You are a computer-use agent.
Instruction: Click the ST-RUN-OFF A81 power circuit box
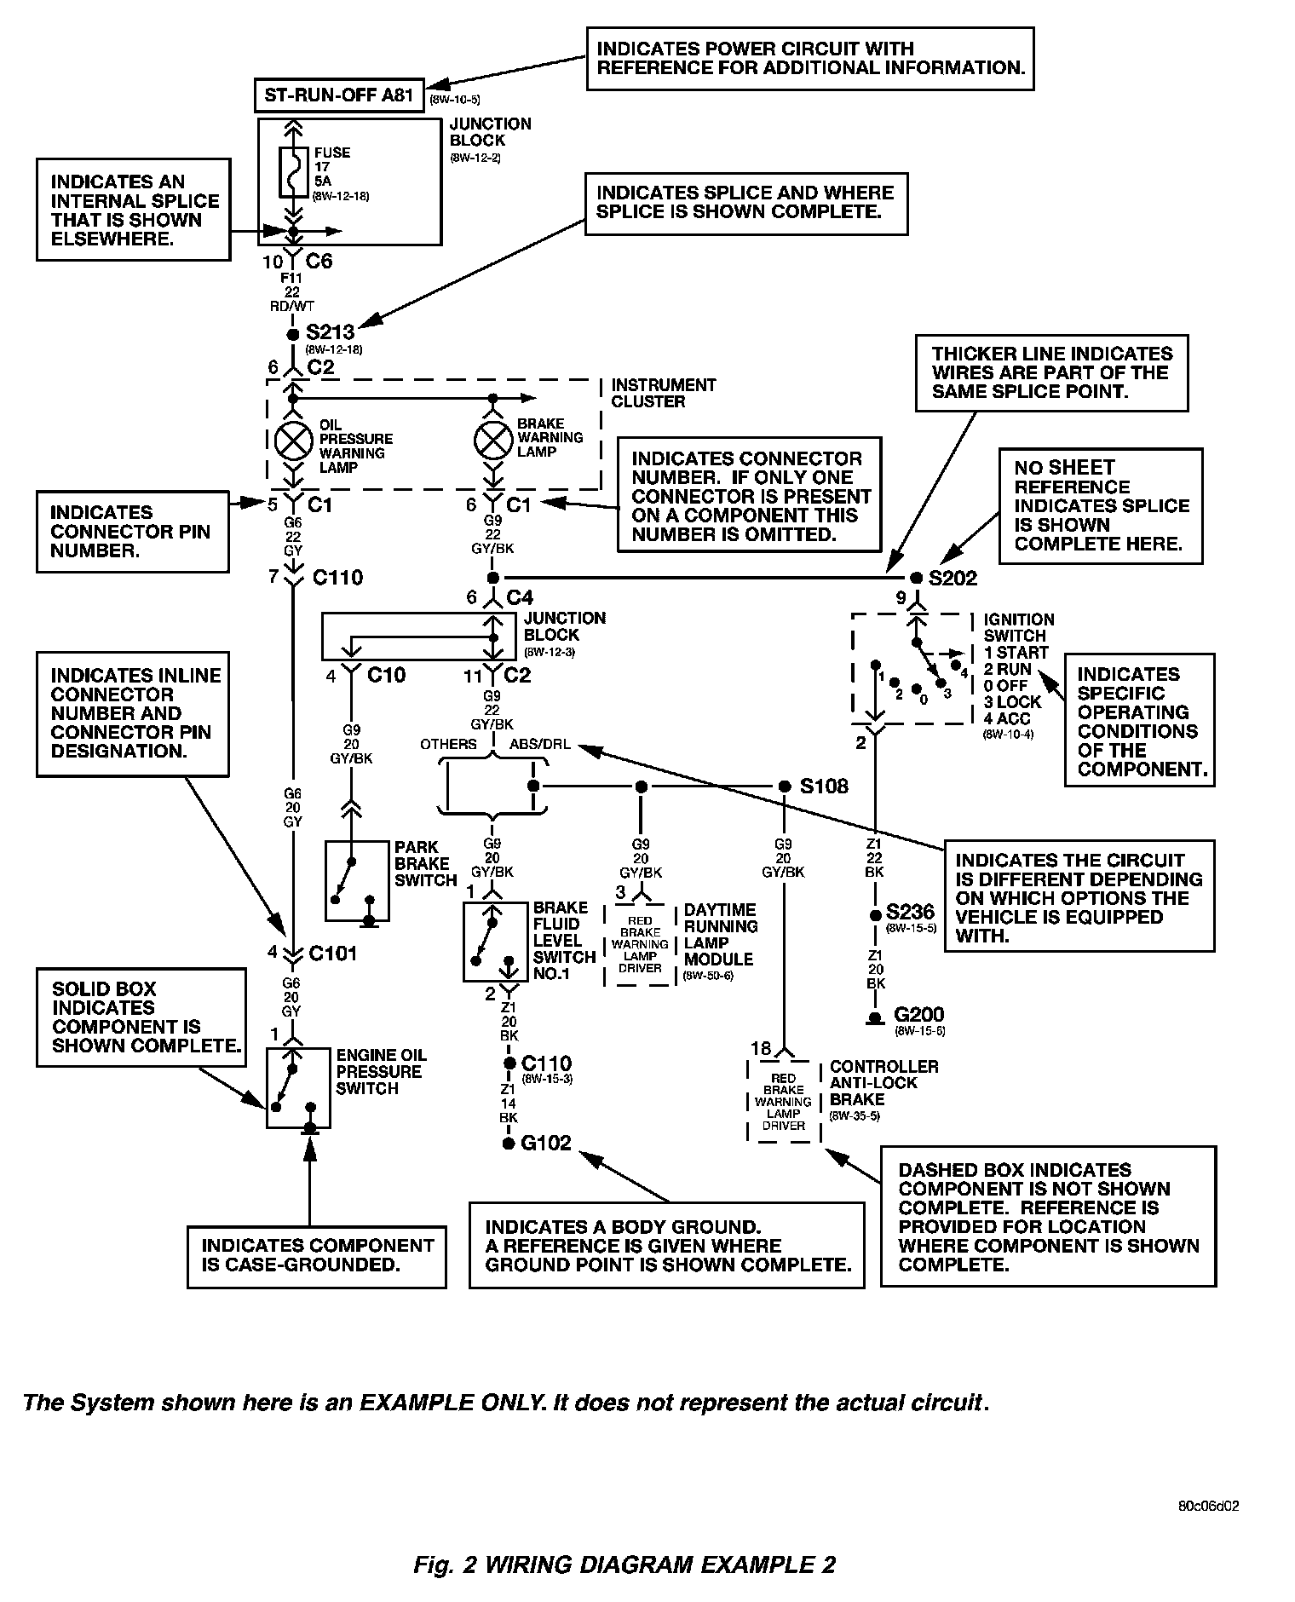339,95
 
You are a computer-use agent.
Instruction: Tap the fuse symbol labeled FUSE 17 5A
292,174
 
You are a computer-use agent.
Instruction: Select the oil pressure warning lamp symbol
292,439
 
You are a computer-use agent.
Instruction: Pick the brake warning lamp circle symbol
492,438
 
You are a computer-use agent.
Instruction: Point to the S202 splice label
953,579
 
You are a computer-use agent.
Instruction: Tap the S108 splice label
823,786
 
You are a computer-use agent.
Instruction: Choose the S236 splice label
910,912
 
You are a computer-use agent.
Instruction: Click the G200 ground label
918,1015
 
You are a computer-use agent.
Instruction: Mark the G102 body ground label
546,1144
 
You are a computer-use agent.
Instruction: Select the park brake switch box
357,881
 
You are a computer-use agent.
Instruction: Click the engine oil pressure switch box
298,1088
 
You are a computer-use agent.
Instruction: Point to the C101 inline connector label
333,953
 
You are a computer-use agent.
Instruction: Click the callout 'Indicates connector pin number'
132,532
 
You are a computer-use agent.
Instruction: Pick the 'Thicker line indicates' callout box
1051,372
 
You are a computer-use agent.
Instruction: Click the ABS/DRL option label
540,744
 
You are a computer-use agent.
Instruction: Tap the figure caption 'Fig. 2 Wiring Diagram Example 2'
624,1565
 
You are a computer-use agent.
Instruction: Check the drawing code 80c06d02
1208,1506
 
